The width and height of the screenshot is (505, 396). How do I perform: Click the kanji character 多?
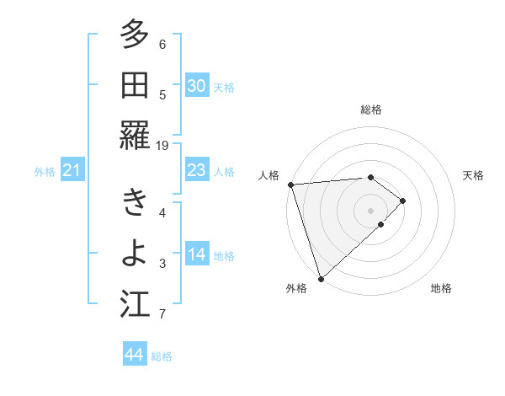point(134,36)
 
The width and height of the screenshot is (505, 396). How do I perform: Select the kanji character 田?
point(134,86)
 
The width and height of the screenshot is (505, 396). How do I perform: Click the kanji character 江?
point(134,305)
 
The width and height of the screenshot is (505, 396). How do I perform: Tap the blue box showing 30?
point(196,86)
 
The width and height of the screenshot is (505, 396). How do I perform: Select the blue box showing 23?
point(196,171)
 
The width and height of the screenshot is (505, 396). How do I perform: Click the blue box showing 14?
point(196,254)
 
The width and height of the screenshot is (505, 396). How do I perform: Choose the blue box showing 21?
point(72,171)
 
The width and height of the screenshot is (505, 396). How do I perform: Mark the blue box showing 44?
point(134,355)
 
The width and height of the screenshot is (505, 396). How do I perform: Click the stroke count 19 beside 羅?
point(162,146)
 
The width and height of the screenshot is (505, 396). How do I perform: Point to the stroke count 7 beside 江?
point(162,314)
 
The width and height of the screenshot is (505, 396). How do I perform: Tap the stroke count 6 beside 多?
point(162,44)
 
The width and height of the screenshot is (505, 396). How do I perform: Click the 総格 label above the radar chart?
point(371,110)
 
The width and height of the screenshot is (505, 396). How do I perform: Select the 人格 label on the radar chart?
point(269,175)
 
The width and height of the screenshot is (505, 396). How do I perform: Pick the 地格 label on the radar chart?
point(441,288)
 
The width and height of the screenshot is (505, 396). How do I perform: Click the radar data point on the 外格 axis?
point(321,277)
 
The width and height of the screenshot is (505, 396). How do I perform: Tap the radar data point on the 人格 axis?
point(290,184)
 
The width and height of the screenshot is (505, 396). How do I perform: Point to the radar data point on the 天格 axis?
point(404,201)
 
